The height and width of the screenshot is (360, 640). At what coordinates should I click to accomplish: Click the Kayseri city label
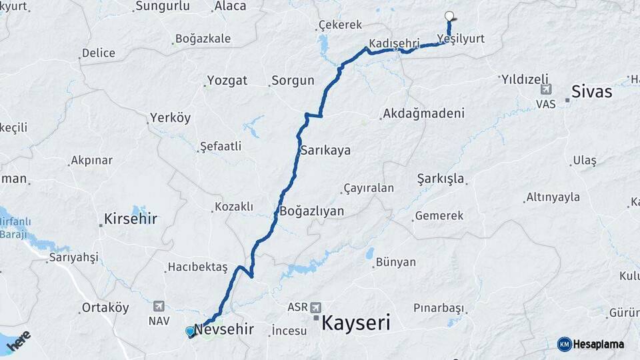[x=355, y=323]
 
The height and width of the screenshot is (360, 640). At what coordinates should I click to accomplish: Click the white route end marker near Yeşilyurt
[x=449, y=17]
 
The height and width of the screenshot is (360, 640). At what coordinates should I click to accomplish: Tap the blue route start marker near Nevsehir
[x=190, y=331]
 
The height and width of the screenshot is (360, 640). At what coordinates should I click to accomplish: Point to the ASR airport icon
[x=315, y=308]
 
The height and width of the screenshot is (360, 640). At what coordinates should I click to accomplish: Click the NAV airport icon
[x=158, y=306]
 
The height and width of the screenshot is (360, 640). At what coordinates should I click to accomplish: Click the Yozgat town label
[x=227, y=80]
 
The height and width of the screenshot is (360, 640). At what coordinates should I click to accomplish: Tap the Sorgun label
[x=293, y=81]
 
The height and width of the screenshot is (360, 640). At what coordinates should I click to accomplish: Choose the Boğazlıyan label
[x=311, y=211]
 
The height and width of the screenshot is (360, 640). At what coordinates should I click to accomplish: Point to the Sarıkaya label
[x=325, y=150]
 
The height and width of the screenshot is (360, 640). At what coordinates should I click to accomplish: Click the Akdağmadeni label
[x=423, y=113]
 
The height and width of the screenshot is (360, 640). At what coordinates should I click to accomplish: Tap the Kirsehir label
[x=130, y=218]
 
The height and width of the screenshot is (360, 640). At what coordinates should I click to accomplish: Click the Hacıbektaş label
[x=198, y=267]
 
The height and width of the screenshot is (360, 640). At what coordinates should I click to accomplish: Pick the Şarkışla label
[x=441, y=179]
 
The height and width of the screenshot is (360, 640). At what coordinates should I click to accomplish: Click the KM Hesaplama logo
[x=591, y=344]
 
